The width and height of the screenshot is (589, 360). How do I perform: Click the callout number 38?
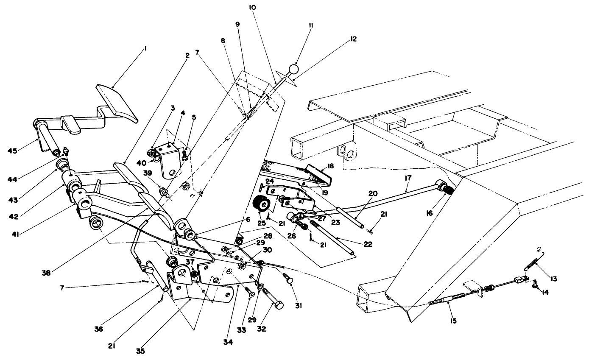46,273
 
